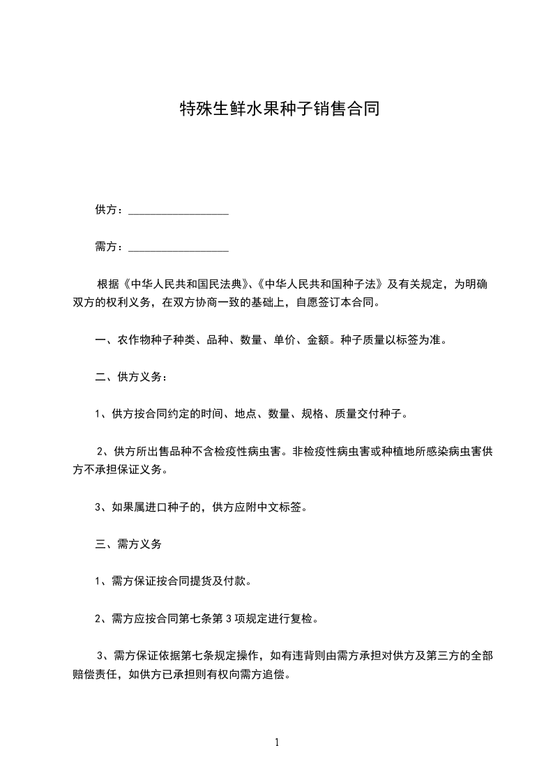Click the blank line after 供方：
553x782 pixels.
(x=179, y=210)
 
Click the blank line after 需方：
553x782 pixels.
(x=179, y=247)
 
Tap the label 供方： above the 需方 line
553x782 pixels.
(x=109, y=210)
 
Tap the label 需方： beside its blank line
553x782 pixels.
(x=109, y=247)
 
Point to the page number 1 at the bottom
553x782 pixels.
(x=277, y=742)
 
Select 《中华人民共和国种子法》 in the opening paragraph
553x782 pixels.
(x=320, y=284)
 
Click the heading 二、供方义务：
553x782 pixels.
(x=130, y=377)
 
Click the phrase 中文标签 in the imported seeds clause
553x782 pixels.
(x=280, y=507)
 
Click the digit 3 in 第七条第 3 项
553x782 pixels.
(x=227, y=618)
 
